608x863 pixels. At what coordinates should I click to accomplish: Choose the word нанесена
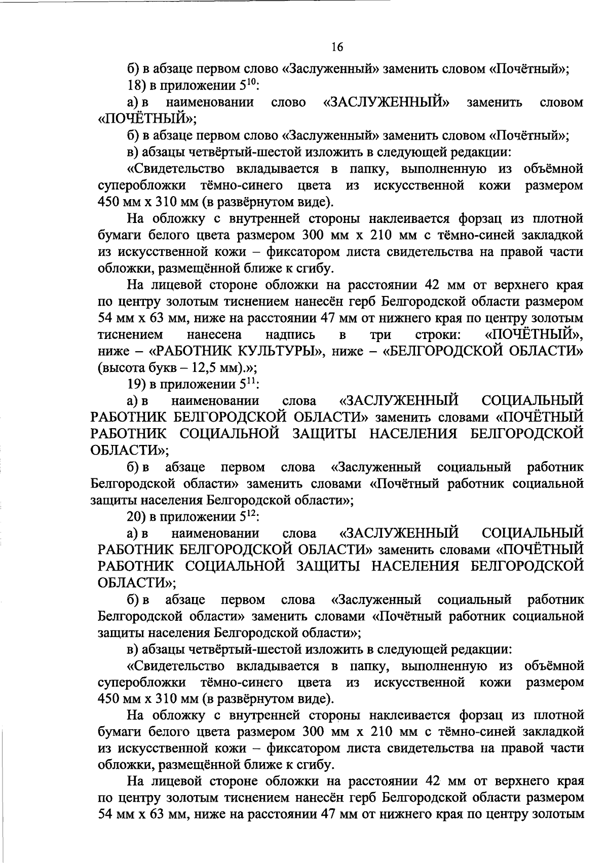214,334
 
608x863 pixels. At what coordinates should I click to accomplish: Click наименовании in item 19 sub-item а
216,401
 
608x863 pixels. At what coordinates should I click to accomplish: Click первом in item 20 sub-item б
243,599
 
